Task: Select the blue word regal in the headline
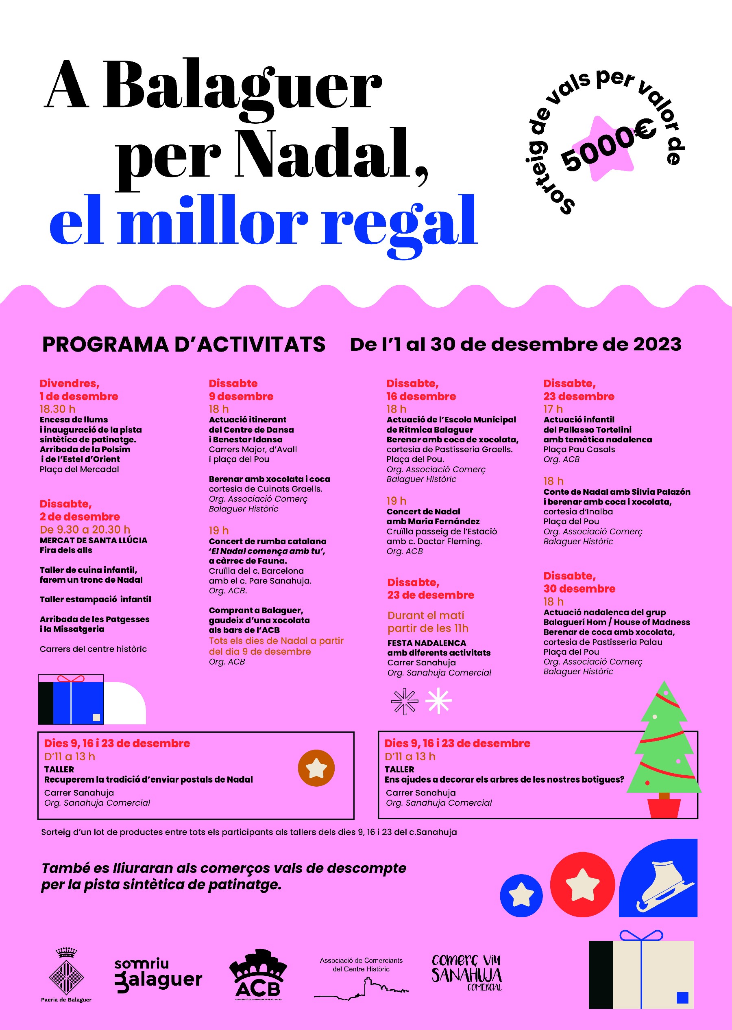pyautogui.click(x=399, y=223)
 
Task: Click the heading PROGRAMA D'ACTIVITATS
pyautogui.click(x=183, y=345)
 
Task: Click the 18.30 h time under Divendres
pyautogui.click(x=57, y=409)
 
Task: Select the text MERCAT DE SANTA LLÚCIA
pyautogui.click(x=93, y=540)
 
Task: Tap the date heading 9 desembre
pyautogui.click(x=241, y=396)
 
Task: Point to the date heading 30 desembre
pyautogui.click(x=579, y=589)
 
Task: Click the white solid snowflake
pyautogui.click(x=438, y=701)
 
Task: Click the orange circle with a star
pyautogui.click(x=316, y=768)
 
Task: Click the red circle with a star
pyautogui.click(x=582, y=885)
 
